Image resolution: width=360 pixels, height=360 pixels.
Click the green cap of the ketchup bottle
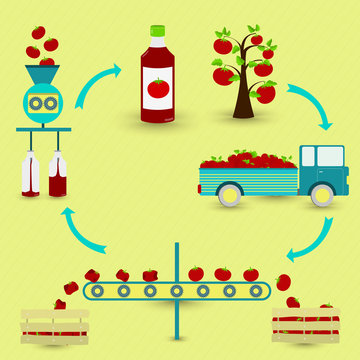[x=157, y=32]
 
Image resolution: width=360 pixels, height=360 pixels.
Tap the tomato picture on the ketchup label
[x=158, y=90]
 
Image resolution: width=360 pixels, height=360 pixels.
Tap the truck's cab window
[x=328, y=159]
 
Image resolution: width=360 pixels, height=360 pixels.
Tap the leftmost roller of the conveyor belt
[x=96, y=292]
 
